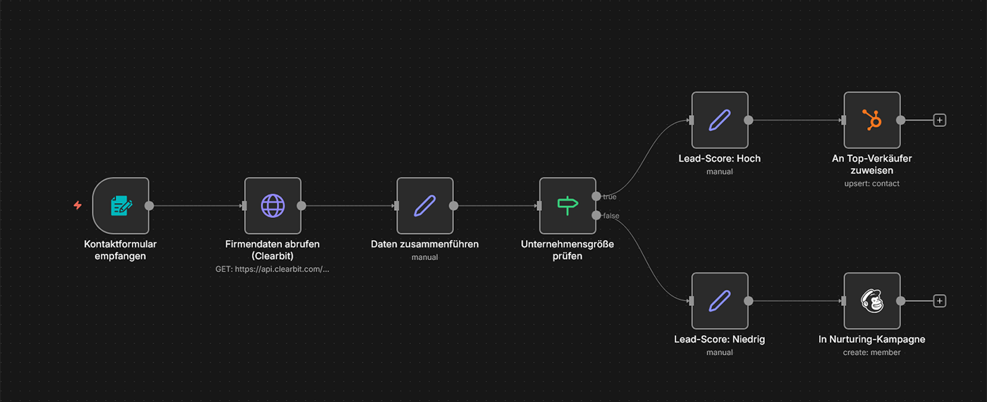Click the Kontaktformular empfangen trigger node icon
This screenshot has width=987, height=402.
[121, 206]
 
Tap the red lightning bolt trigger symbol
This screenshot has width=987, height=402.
[78, 206]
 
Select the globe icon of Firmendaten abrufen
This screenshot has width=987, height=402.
[273, 206]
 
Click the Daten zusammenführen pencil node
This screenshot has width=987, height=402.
[425, 206]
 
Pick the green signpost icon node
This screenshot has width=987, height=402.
[568, 206]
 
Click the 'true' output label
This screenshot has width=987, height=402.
[610, 197]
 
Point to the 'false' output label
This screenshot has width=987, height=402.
[611, 216]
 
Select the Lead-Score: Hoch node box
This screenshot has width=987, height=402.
[719, 120]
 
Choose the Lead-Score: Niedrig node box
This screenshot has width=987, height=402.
[719, 301]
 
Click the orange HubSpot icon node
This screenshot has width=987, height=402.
[872, 120]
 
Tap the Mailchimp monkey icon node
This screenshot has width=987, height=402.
[872, 301]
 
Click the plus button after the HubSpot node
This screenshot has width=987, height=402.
[939, 120]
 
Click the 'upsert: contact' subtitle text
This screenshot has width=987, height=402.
[872, 183]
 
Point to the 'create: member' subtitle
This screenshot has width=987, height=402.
[872, 353]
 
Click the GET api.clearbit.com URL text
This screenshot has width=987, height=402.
[273, 269]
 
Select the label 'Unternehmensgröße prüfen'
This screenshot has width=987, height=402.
[568, 250]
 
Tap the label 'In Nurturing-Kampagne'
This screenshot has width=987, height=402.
[872, 339]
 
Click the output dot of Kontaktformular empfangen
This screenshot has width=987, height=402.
[149, 206]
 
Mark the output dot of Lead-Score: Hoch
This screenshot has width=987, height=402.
[748, 120]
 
